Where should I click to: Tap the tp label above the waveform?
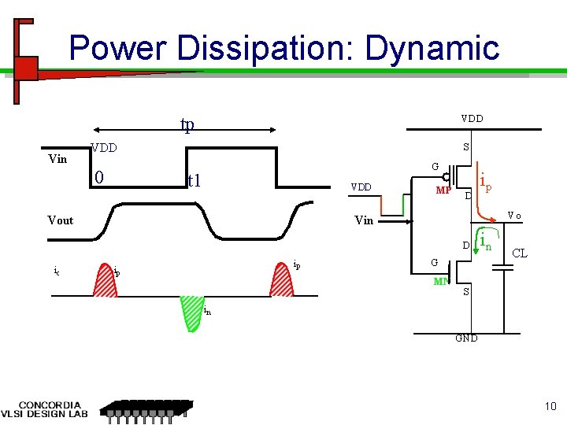click(187, 125)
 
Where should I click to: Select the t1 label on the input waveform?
click(195, 180)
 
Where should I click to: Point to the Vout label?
click(60, 220)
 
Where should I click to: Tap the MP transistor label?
click(444, 191)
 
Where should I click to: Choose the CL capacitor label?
click(520, 253)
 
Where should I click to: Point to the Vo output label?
click(513, 215)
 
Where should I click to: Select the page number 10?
click(549, 406)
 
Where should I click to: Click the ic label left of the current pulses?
click(56, 271)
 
